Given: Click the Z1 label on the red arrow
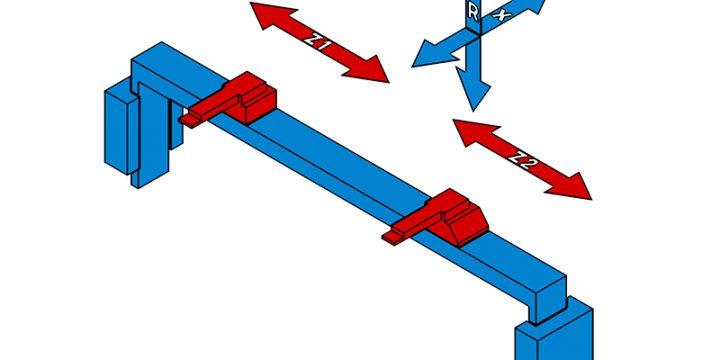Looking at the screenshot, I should click(x=318, y=42).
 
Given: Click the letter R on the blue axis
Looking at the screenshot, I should click(x=472, y=12).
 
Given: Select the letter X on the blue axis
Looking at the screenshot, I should click(x=502, y=15).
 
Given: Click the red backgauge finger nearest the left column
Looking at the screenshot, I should click(x=236, y=99).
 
